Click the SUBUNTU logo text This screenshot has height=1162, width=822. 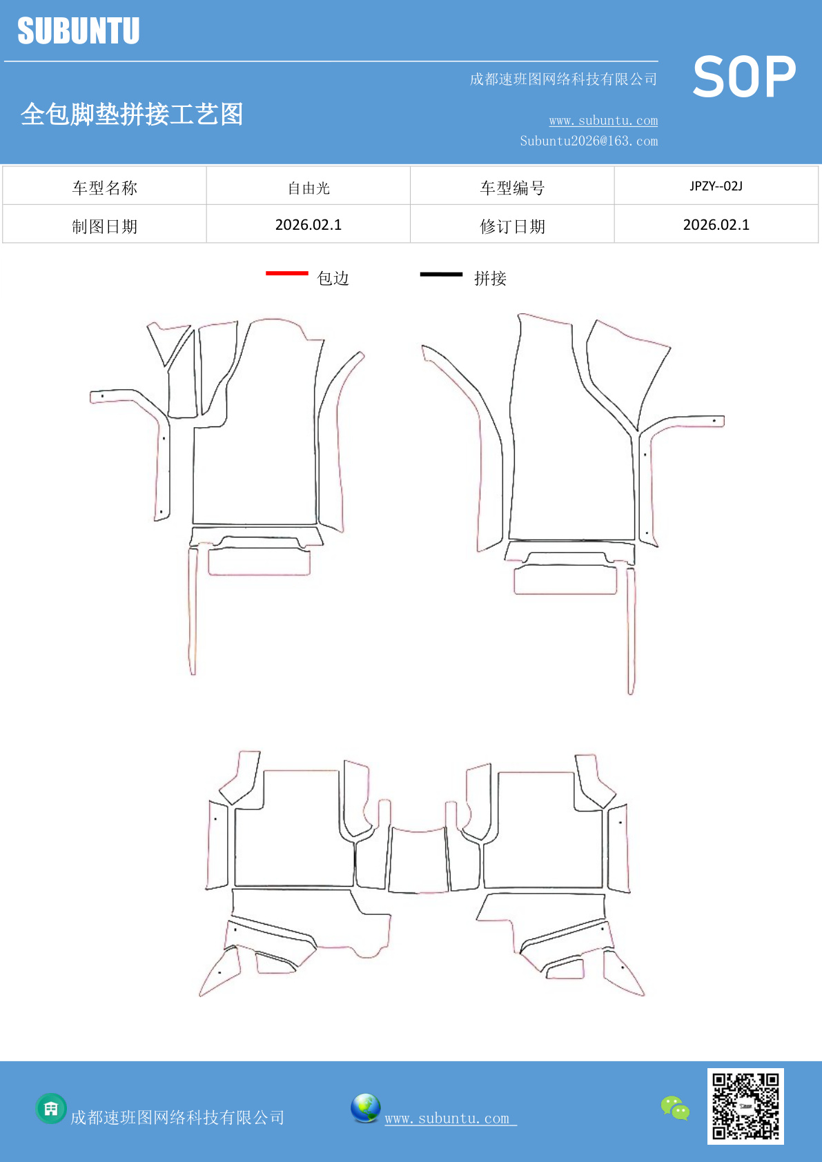(79, 30)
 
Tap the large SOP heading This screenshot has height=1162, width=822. (744, 77)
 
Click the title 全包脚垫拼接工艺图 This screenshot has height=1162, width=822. (132, 114)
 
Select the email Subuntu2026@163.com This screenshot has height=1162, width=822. (589, 141)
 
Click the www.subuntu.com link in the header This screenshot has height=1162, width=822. (603, 120)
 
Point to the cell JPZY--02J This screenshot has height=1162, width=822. (716, 186)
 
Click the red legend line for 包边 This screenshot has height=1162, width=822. (287, 273)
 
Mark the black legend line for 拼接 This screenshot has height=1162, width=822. (441, 274)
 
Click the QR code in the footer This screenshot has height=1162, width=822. (745, 1106)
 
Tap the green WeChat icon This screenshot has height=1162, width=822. (675, 1108)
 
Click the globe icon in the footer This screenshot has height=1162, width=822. (365, 1108)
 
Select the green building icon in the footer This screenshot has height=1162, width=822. (51, 1109)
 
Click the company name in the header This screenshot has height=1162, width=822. (564, 79)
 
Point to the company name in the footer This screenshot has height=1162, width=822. (177, 1117)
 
